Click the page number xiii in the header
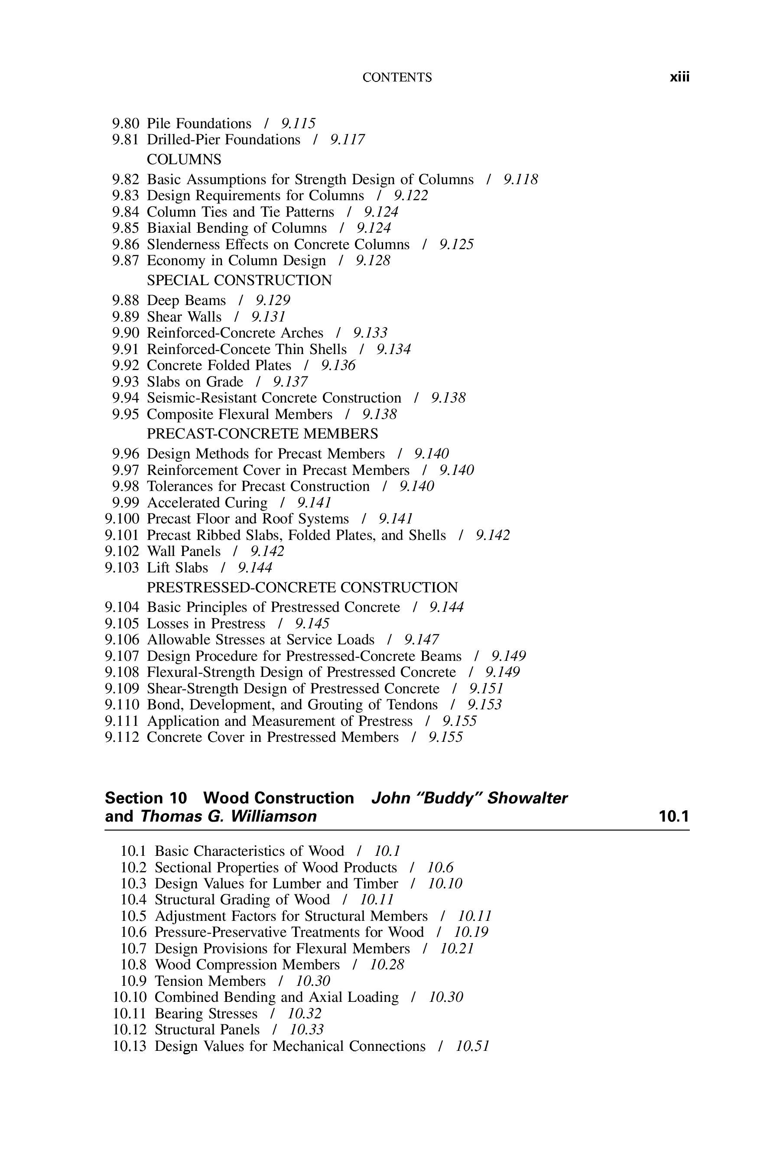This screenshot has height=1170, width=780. pyautogui.click(x=679, y=77)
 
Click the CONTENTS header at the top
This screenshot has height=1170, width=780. pyautogui.click(x=397, y=78)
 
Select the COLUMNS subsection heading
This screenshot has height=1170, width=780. pyautogui.click(x=184, y=159)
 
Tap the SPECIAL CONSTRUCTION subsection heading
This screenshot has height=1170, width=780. pyautogui.click(x=239, y=280)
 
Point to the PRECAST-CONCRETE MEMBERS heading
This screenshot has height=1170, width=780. pyautogui.click(x=262, y=434)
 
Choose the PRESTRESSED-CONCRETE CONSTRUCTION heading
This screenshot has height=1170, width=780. pyautogui.click(x=302, y=588)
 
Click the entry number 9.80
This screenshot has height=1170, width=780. pyautogui.click(x=126, y=123)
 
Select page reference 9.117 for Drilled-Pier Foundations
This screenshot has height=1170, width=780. pyautogui.click(x=347, y=140)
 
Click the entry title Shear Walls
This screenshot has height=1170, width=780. pyautogui.click(x=184, y=317)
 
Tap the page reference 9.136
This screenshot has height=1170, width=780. pyautogui.click(x=338, y=366)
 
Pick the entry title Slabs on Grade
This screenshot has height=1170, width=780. pyautogui.click(x=195, y=382)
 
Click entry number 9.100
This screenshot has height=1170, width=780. pyautogui.click(x=122, y=519)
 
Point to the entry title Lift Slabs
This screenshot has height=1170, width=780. pyautogui.click(x=178, y=568)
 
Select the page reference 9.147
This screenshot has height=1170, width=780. pyautogui.click(x=421, y=640)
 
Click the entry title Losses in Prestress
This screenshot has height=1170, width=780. pyautogui.click(x=206, y=624)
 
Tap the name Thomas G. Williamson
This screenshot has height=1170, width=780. pyautogui.click(x=228, y=816)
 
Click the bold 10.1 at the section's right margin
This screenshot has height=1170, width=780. pyautogui.click(x=673, y=816)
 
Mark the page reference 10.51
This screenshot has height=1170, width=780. pyautogui.click(x=473, y=1046)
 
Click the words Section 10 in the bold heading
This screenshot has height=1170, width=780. pyautogui.click(x=146, y=798)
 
